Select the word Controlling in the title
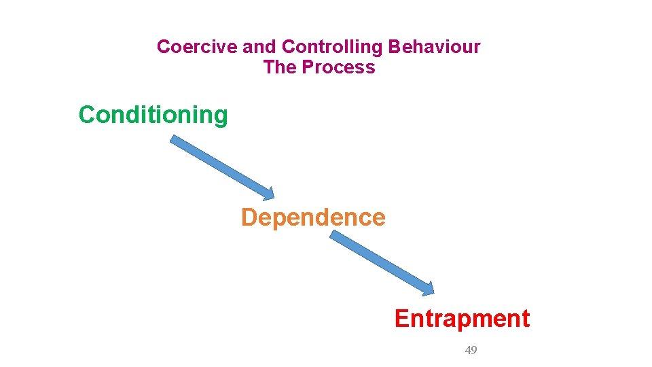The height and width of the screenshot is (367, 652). (333, 47)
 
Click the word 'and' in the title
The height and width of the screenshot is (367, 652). (259, 47)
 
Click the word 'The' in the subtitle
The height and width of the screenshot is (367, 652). (280, 67)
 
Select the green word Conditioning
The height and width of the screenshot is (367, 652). (153, 115)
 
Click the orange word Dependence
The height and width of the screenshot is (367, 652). (313, 217)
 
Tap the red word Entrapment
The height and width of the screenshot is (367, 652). (462, 319)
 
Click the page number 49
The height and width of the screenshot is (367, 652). (471, 350)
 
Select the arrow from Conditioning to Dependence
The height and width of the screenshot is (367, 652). (221, 167)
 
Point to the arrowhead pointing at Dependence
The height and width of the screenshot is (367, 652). (269, 194)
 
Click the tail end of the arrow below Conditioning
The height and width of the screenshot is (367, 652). (174, 139)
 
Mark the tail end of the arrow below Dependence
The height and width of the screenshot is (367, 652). (334, 234)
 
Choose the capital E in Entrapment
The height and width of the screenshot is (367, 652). (401, 319)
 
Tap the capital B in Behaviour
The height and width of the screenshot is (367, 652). (394, 47)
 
